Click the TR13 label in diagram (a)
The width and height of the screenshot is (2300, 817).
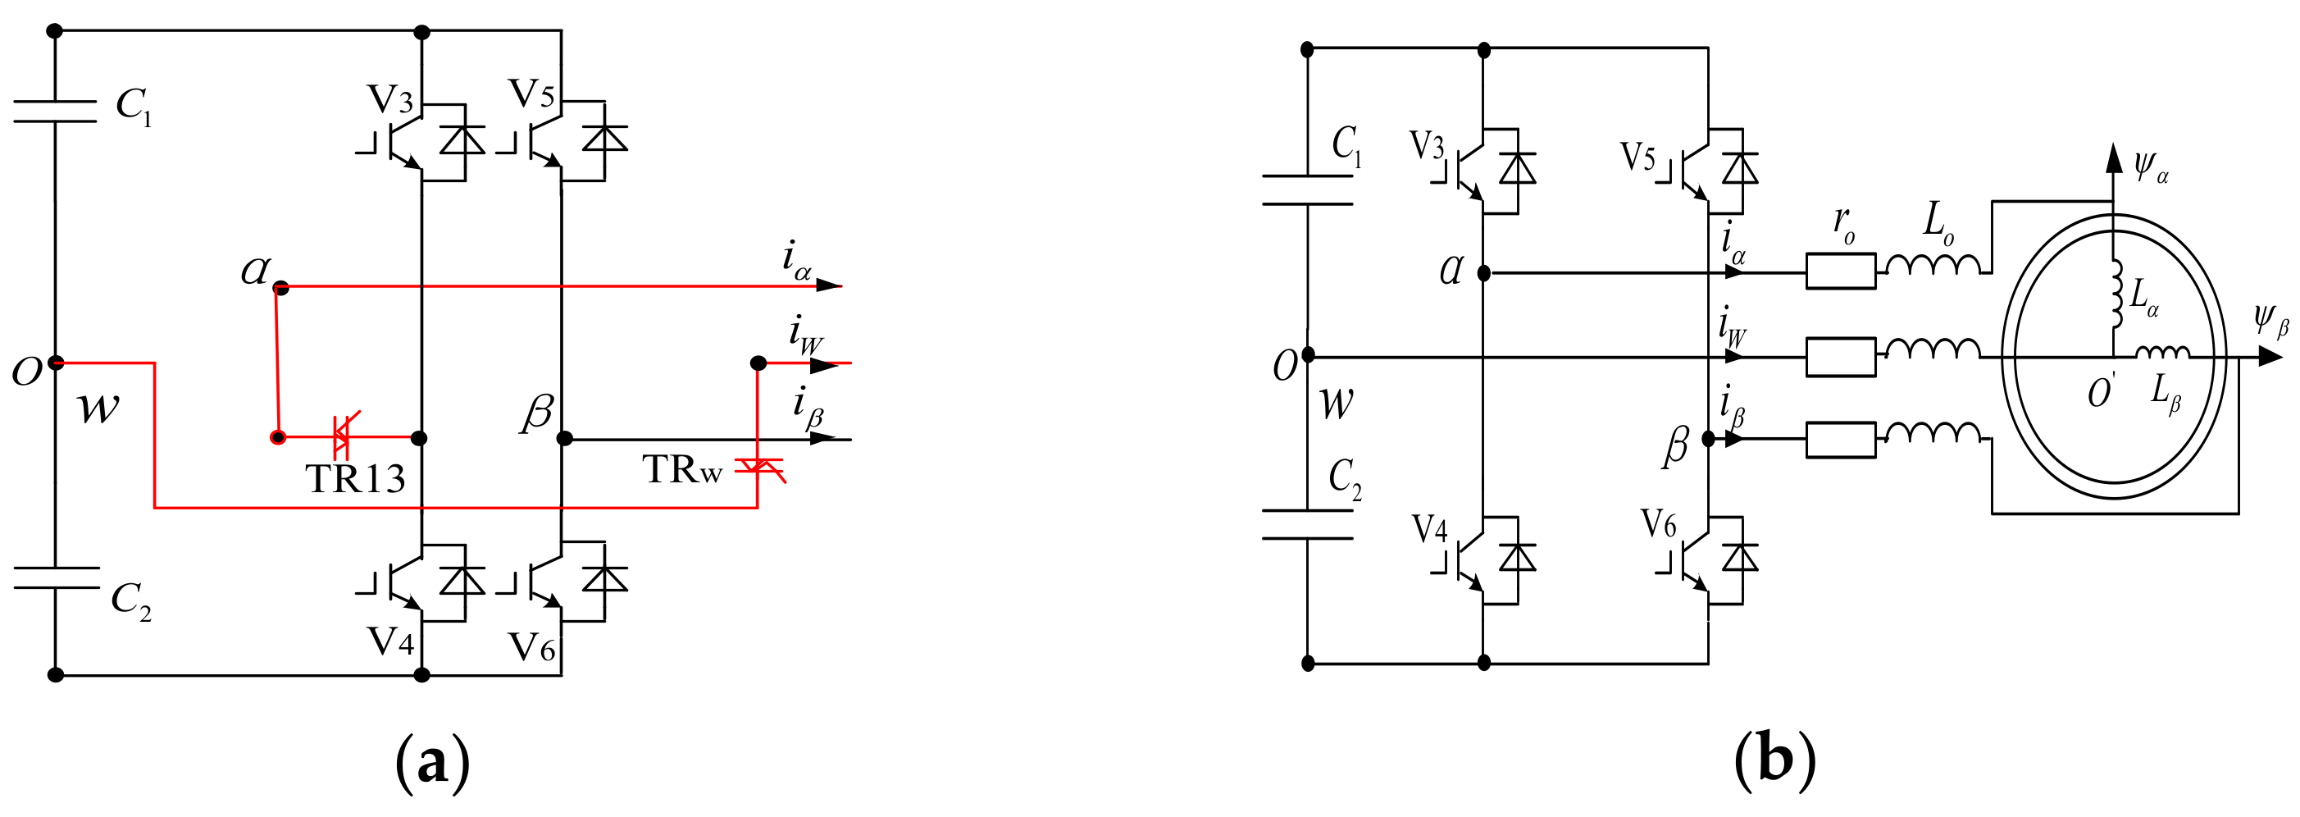click(x=355, y=480)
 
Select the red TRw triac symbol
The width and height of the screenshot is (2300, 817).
click(x=760, y=466)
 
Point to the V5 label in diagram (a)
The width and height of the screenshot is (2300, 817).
click(x=531, y=94)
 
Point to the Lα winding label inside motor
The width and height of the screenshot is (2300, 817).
click(x=2143, y=296)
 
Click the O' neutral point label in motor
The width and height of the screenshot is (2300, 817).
click(x=2102, y=391)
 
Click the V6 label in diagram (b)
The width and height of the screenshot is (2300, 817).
click(x=1658, y=525)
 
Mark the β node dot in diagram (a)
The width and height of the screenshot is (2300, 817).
click(x=564, y=438)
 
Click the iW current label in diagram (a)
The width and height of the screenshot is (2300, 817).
click(x=804, y=335)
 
